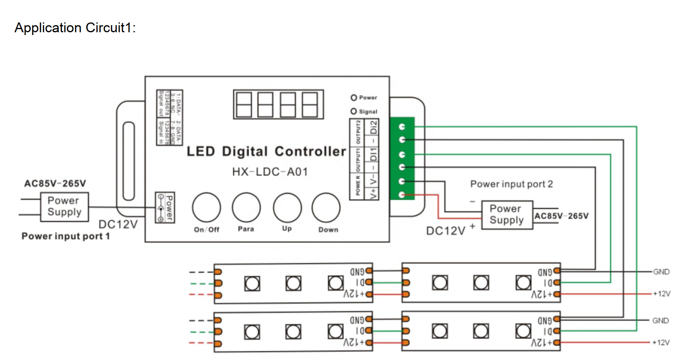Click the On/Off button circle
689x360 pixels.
point(207,207)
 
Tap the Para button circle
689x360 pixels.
point(246,207)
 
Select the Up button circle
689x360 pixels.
point(287,207)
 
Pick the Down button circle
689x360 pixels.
point(326,207)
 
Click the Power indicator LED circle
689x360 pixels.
point(354,98)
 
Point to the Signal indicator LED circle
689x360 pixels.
point(354,111)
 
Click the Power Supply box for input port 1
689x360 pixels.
point(65,207)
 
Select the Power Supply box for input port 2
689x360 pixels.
point(507,214)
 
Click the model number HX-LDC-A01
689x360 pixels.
point(270,172)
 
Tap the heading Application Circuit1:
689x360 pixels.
point(75,28)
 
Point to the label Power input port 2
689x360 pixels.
point(512,184)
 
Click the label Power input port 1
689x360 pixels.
point(66,236)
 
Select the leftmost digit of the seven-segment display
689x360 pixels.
point(244,105)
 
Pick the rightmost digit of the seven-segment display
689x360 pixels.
point(310,105)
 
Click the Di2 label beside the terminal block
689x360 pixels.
point(373,127)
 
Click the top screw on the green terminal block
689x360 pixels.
point(402,127)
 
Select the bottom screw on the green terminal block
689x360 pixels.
point(402,195)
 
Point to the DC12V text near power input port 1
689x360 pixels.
point(118,224)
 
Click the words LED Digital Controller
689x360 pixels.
point(266,151)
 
